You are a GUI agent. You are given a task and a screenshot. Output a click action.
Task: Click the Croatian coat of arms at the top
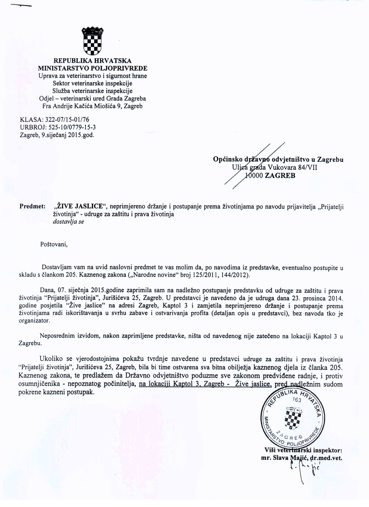coord(93,41)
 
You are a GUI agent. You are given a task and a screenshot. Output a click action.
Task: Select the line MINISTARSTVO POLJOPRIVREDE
coord(93,68)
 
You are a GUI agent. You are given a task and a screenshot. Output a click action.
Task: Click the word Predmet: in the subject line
coord(32,205)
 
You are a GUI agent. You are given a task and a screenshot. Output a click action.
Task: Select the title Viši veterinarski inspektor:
coord(303,450)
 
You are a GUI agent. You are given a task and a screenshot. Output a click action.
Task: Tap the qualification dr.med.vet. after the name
coord(326,457)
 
